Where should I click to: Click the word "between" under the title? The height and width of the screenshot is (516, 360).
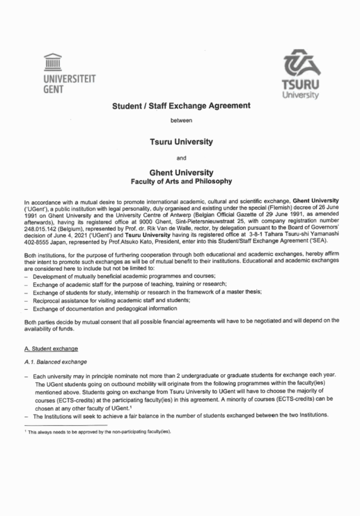pyautogui.click(x=181, y=121)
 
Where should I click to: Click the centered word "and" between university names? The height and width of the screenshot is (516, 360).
pyautogui.click(x=181, y=157)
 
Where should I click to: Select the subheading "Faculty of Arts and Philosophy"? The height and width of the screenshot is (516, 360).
pyautogui.click(x=181, y=181)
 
